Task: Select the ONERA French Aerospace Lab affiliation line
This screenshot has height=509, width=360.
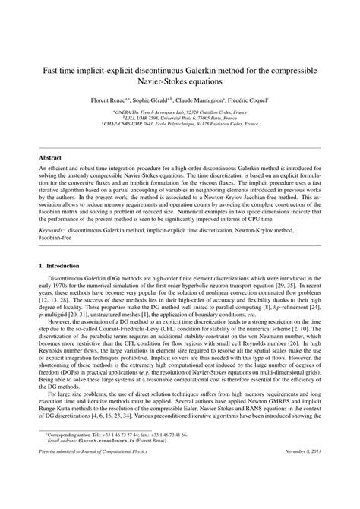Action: click(180, 111)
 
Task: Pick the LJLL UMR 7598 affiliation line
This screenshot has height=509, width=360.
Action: click(180, 118)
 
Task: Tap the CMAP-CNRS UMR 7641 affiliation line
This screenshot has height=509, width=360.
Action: click(180, 125)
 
